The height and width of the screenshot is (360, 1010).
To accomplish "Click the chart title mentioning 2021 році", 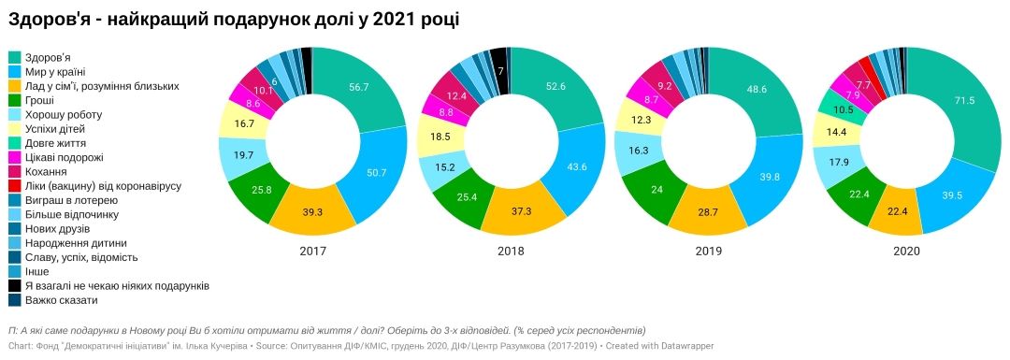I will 234,19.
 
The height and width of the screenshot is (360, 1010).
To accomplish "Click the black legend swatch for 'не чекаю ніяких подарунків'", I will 15,286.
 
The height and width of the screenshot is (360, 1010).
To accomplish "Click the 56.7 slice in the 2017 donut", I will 359,87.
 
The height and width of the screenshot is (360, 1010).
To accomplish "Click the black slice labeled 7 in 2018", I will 500,71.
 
